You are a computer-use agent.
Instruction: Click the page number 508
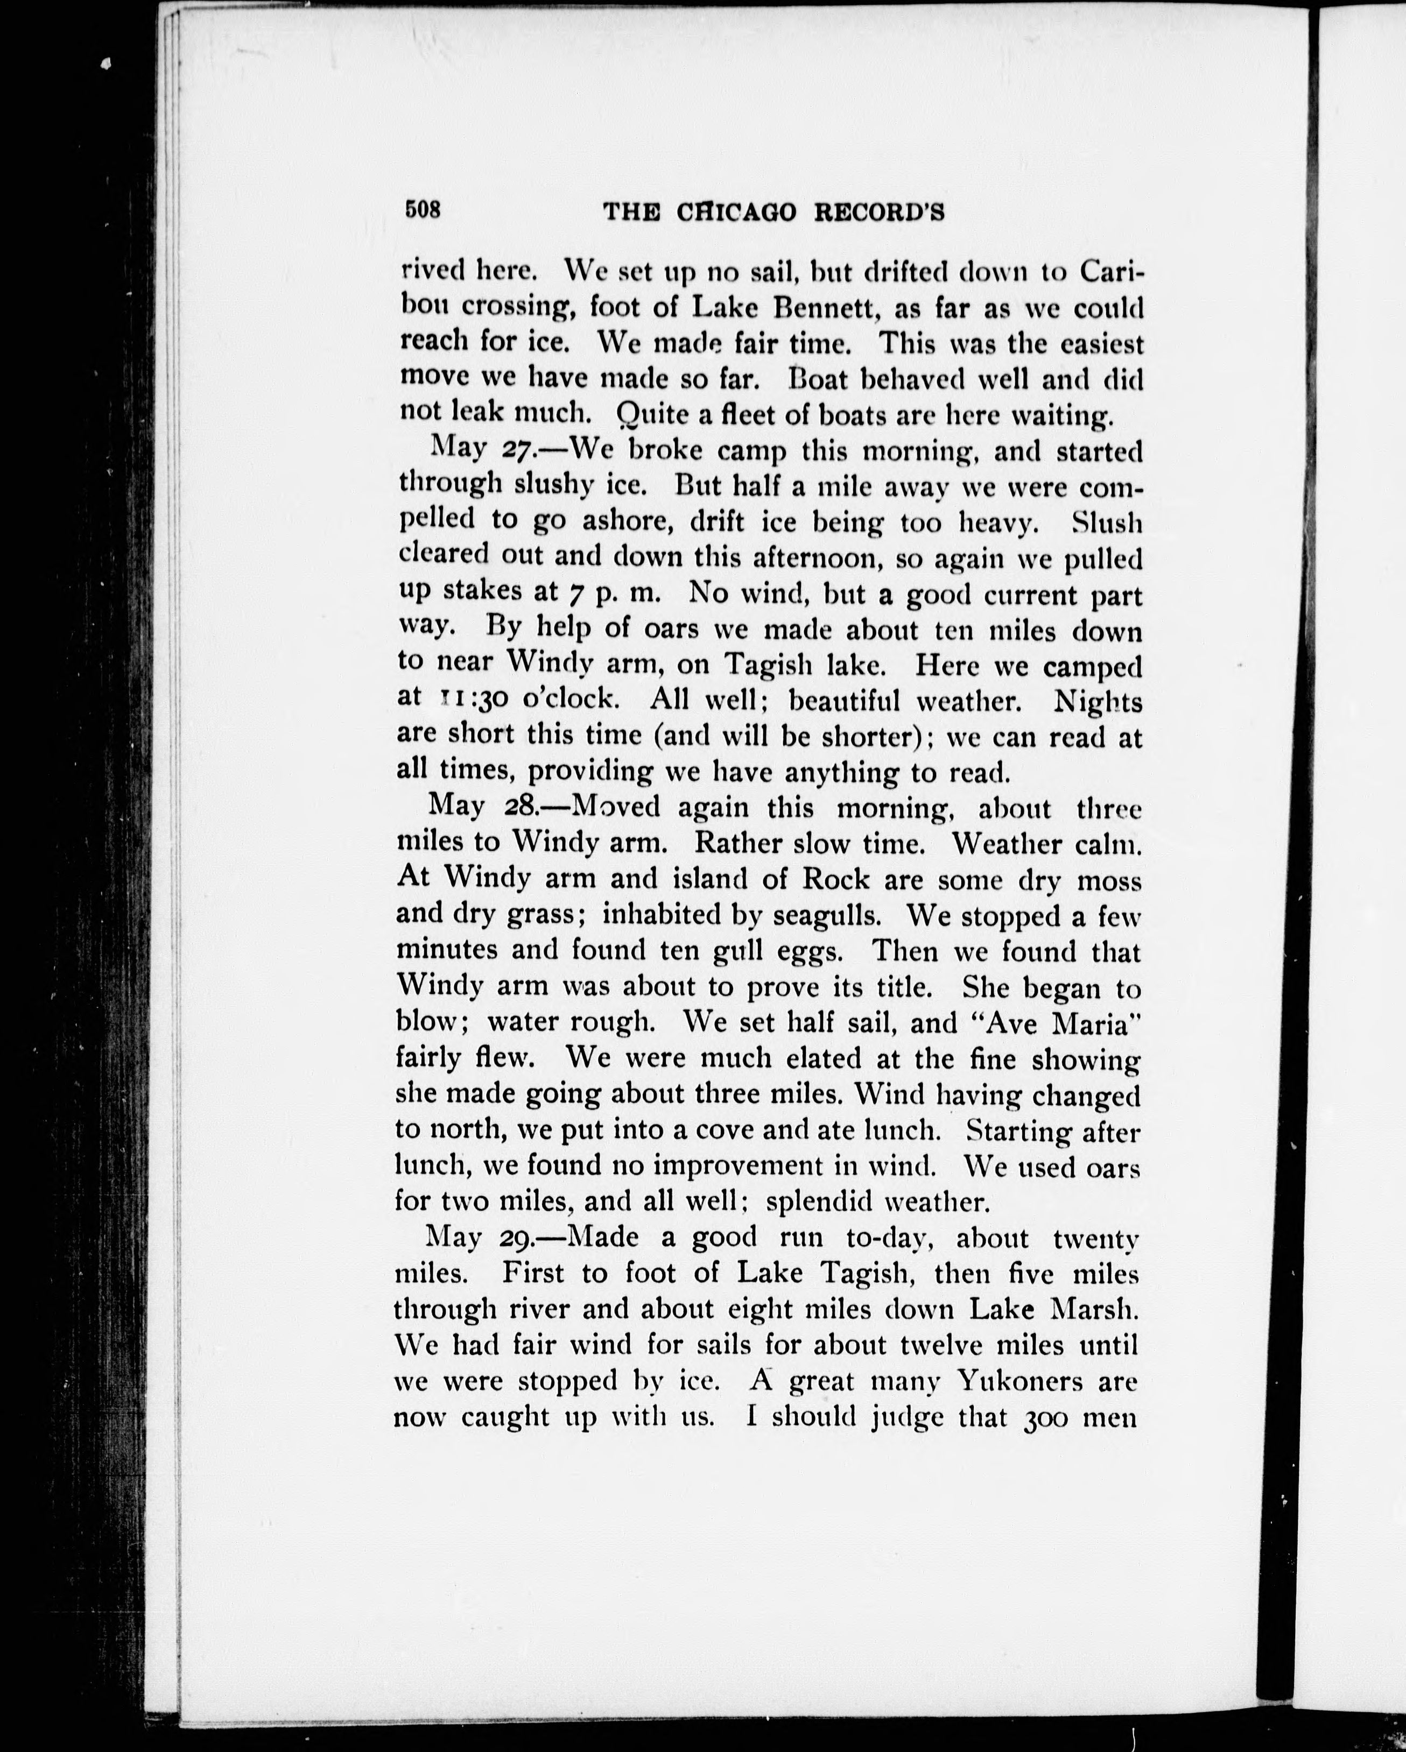point(423,210)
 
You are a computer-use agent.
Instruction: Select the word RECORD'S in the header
point(880,213)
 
